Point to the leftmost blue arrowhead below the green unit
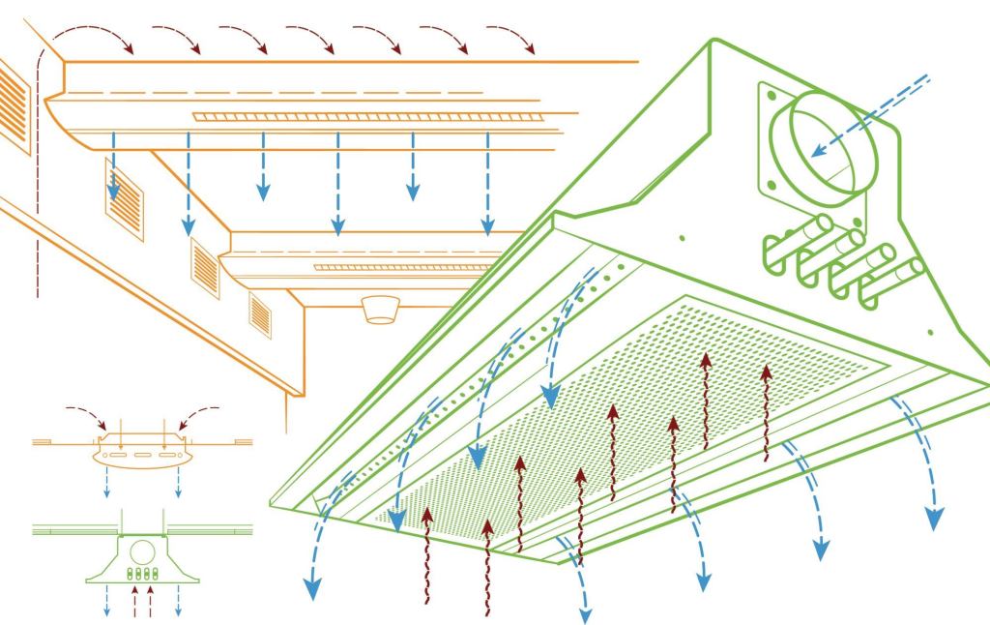[x=312, y=586]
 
